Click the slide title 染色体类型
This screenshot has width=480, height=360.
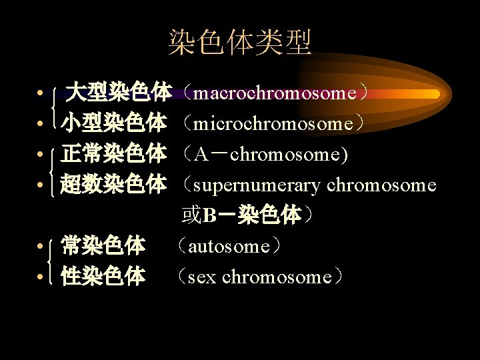(x=239, y=43)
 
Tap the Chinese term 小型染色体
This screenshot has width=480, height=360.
(x=114, y=123)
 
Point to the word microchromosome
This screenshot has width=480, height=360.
(x=274, y=124)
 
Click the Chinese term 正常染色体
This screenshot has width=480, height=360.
(x=114, y=154)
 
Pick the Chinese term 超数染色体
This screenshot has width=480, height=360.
(x=114, y=185)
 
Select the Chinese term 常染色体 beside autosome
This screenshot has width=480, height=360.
(x=103, y=246)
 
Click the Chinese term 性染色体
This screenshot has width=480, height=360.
(x=103, y=277)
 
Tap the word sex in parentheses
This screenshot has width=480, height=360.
(x=202, y=277)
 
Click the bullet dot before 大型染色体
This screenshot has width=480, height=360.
(x=41, y=93)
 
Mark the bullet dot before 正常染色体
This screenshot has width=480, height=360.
(x=41, y=155)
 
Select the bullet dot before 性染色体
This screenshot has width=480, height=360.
(x=41, y=277)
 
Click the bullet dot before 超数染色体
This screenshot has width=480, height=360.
(x=41, y=185)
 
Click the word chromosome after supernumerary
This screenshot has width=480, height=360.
(x=381, y=185)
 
